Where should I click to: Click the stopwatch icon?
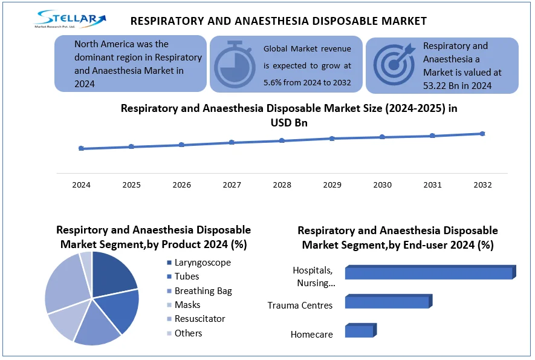tap(234, 64)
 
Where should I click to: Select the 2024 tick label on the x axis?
tap(81, 185)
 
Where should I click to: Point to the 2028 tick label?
tap(282, 185)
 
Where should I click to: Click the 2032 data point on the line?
tap(482, 134)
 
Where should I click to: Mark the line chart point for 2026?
tap(181, 145)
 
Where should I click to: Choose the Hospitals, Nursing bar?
tap(429, 273)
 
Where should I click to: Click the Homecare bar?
tap(359, 331)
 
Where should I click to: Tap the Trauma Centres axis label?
tap(300, 306)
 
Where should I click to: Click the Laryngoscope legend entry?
tap(203, 263)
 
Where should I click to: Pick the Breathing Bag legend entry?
tap(203, 291)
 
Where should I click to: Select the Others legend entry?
tap(188, 333)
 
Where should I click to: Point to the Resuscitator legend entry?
tap(199, 319)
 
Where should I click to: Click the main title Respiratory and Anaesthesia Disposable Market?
tap(279, 21)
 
